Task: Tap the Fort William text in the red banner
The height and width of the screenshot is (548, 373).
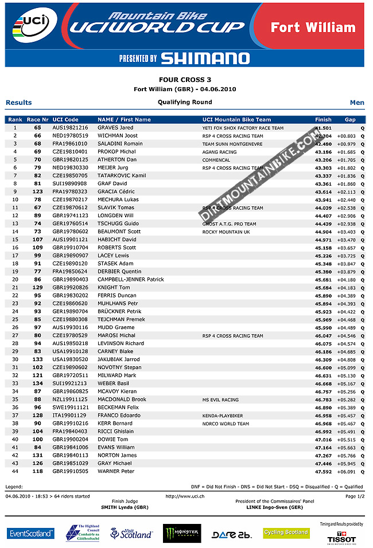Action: [313, 28]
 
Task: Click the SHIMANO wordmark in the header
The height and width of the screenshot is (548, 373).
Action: [205, 58]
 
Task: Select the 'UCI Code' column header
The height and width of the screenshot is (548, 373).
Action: [65, 119]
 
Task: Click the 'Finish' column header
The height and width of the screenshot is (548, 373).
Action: [323, 119]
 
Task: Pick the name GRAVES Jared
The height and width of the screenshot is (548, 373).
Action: [115, 128]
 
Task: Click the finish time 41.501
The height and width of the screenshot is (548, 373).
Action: [324, 128]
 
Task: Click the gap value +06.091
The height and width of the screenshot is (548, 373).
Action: [346, 472]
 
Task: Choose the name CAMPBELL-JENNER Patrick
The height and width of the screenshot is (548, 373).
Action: [131, 280]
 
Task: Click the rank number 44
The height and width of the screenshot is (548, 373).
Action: [15, 472]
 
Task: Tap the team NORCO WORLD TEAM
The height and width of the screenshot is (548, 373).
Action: [226, 424]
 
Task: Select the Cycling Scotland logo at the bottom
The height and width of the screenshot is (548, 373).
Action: [286, 533]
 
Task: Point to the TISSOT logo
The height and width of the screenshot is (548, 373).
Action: [341, 539]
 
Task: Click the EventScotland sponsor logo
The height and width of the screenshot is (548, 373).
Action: [31, 533]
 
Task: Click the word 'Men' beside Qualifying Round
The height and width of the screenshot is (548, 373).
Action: [357, 103]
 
